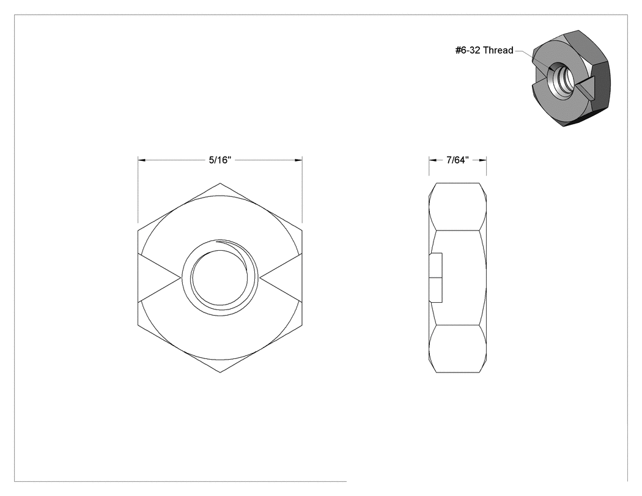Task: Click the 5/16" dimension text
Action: [220, 160]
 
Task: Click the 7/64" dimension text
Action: [457, 160]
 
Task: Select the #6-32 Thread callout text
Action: [484, 50]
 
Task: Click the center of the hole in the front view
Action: [220, 278]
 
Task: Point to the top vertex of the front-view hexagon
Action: [220, 183]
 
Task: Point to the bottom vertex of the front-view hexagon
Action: [220, 372]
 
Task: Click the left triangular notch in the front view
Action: [159, 278]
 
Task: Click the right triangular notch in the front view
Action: [281, 278]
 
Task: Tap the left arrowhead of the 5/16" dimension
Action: [142, 160]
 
